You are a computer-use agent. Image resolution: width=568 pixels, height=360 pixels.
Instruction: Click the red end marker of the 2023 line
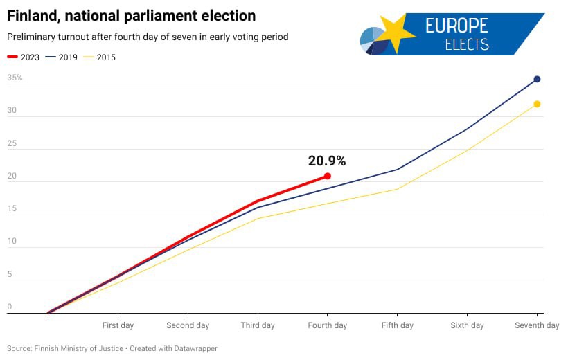point(328,177)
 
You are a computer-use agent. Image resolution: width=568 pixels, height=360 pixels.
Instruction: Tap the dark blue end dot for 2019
point(537,80)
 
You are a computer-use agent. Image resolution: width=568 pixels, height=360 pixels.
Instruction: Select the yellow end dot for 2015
point(537,104)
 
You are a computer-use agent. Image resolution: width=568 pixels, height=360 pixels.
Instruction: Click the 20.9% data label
point(327,161)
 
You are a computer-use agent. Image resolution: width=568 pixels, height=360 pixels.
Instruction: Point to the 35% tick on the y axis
point(15,78)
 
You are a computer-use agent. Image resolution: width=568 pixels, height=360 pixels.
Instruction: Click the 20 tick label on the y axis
point(10,176)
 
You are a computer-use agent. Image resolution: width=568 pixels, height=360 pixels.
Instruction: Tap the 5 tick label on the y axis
point(10,274)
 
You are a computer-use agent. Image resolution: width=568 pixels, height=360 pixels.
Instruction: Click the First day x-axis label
point(118,325)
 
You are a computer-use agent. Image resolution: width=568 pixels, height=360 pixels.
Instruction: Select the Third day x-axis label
point(258,325)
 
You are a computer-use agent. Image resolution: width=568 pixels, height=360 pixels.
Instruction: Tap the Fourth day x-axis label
point(328,325)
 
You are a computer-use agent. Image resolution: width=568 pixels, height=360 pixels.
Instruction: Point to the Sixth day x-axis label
point(467,325)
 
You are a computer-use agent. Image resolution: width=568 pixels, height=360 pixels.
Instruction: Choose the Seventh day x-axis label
point(537,325)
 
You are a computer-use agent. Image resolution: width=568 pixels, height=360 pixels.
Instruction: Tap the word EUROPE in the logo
point(456,26)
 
